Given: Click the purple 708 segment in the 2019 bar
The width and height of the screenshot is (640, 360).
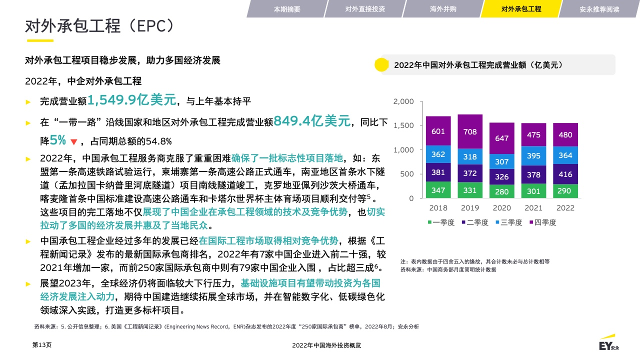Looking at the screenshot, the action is point(470,131).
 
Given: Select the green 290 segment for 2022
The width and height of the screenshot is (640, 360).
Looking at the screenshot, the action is point(565,191).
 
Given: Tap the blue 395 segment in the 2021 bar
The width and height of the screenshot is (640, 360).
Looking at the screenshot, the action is point(533,155).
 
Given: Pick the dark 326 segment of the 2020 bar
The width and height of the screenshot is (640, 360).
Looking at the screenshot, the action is point(501,176).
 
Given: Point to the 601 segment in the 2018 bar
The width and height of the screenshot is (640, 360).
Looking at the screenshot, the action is point(438,131).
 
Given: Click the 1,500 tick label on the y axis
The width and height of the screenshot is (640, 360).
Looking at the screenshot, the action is point(403,125).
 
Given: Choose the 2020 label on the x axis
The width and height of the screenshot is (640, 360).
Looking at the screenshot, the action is point(501,207).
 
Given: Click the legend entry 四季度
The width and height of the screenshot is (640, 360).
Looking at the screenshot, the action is point(543,222).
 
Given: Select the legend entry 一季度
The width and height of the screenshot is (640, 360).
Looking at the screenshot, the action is point(441,222).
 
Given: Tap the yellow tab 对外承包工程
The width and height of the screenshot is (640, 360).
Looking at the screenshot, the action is point(521,9).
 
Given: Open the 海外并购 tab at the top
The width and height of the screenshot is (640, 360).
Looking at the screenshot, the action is point(443,9).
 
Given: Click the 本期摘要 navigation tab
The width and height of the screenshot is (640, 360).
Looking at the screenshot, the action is point(287,9).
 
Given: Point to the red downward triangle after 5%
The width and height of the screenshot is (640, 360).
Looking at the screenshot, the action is point(73,141).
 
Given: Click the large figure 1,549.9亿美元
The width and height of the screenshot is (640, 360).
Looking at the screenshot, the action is point(131,100).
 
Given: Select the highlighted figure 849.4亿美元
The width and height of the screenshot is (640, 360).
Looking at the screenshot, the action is point(311,121).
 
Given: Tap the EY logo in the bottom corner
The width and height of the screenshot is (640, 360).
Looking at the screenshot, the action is point(608,343).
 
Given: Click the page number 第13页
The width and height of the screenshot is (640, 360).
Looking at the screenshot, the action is point(41,345).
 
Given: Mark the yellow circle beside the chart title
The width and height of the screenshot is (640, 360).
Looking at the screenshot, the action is point(381,64).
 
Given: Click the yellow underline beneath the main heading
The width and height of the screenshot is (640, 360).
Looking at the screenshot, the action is point(40,40).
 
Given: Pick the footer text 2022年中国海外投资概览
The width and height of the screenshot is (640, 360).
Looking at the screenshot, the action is point(326,345).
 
